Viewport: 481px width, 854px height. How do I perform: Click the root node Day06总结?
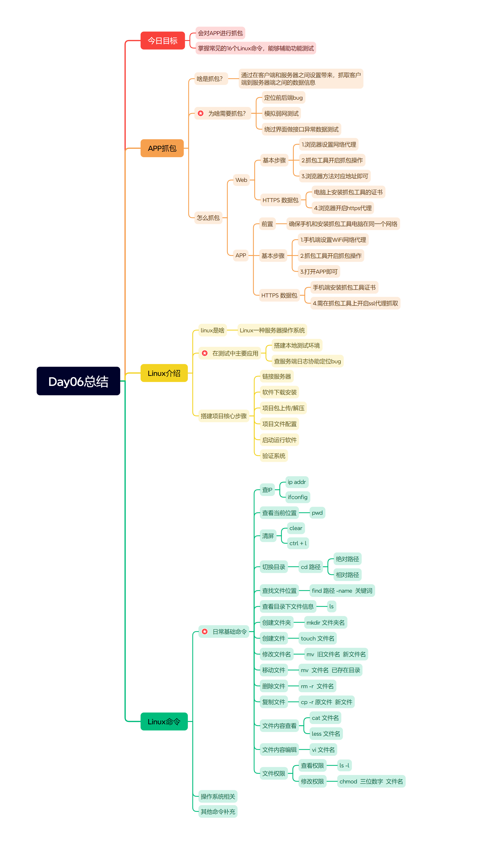pyautogui.click(x=78, y=381)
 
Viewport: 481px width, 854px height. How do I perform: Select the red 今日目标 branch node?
pyautogui.click(x=163, y=41)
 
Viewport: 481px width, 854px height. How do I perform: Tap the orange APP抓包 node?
pyautogui.click(x=162, y=148)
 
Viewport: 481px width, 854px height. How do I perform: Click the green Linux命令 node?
pyautogui.click(x=164, y=721)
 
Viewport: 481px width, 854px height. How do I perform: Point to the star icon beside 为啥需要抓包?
pyautogui.click(x=200, y=113)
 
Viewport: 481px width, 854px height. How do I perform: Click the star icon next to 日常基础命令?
pyautogui.click(x=205, y=632)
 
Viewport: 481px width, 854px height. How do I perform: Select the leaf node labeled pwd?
pyautogui.click(x=317, y=513)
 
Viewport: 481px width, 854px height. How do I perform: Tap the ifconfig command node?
pyautogui.click(x=298, y=497)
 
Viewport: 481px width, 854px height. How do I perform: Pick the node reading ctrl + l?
pyautogui.click(x=298, y=543)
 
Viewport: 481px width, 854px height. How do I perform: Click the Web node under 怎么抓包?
pyautogui.click(x=241, y=180)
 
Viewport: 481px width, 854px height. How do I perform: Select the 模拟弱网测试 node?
pyautogui.click(x=281, y=113)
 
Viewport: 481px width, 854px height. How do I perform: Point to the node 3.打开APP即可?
pyautogui.click(x=319, y=272)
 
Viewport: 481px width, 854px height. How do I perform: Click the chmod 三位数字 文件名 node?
pyautogui.click(x=371, y=781)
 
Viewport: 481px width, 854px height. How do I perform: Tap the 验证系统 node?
pyautogui.click(x=274, y=456)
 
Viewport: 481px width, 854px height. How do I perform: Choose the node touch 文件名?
pyautogui.click(x=318, y=638)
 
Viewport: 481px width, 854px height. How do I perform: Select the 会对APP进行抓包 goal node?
pyautogui.click(x=220, y=33)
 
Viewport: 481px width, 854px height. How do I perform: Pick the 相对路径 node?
pyautogui.click(x=347, y=575)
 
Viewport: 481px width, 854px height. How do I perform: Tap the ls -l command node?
pyautogui.click(x=344, y=766)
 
